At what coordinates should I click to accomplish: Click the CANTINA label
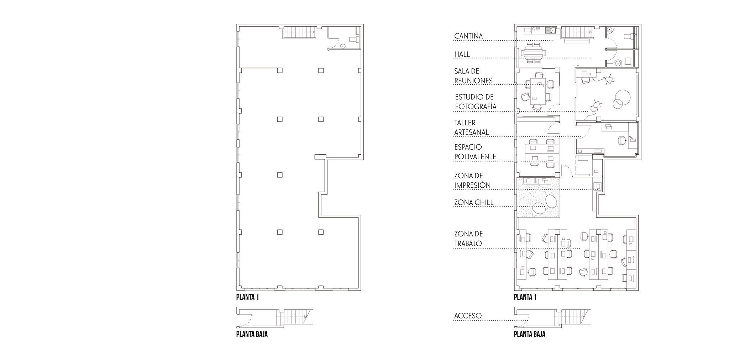click(468, 36)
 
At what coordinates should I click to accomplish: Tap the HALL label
click(462, 54)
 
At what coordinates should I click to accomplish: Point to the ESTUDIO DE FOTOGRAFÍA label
click(476, 102)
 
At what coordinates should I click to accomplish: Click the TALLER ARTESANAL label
click(471, 128)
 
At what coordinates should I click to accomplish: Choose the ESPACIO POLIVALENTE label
click(475, 152)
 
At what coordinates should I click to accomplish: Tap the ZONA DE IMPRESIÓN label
click(472, 181)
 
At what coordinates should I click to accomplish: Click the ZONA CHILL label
click(474, 203)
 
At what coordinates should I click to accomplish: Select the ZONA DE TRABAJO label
click(468, 239)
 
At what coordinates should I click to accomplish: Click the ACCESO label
click(468, 316)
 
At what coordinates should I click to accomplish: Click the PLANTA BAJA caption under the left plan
click(252, 334)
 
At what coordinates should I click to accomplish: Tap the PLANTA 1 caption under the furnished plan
click(525, 297)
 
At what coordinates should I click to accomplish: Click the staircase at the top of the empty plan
click(299, 32)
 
